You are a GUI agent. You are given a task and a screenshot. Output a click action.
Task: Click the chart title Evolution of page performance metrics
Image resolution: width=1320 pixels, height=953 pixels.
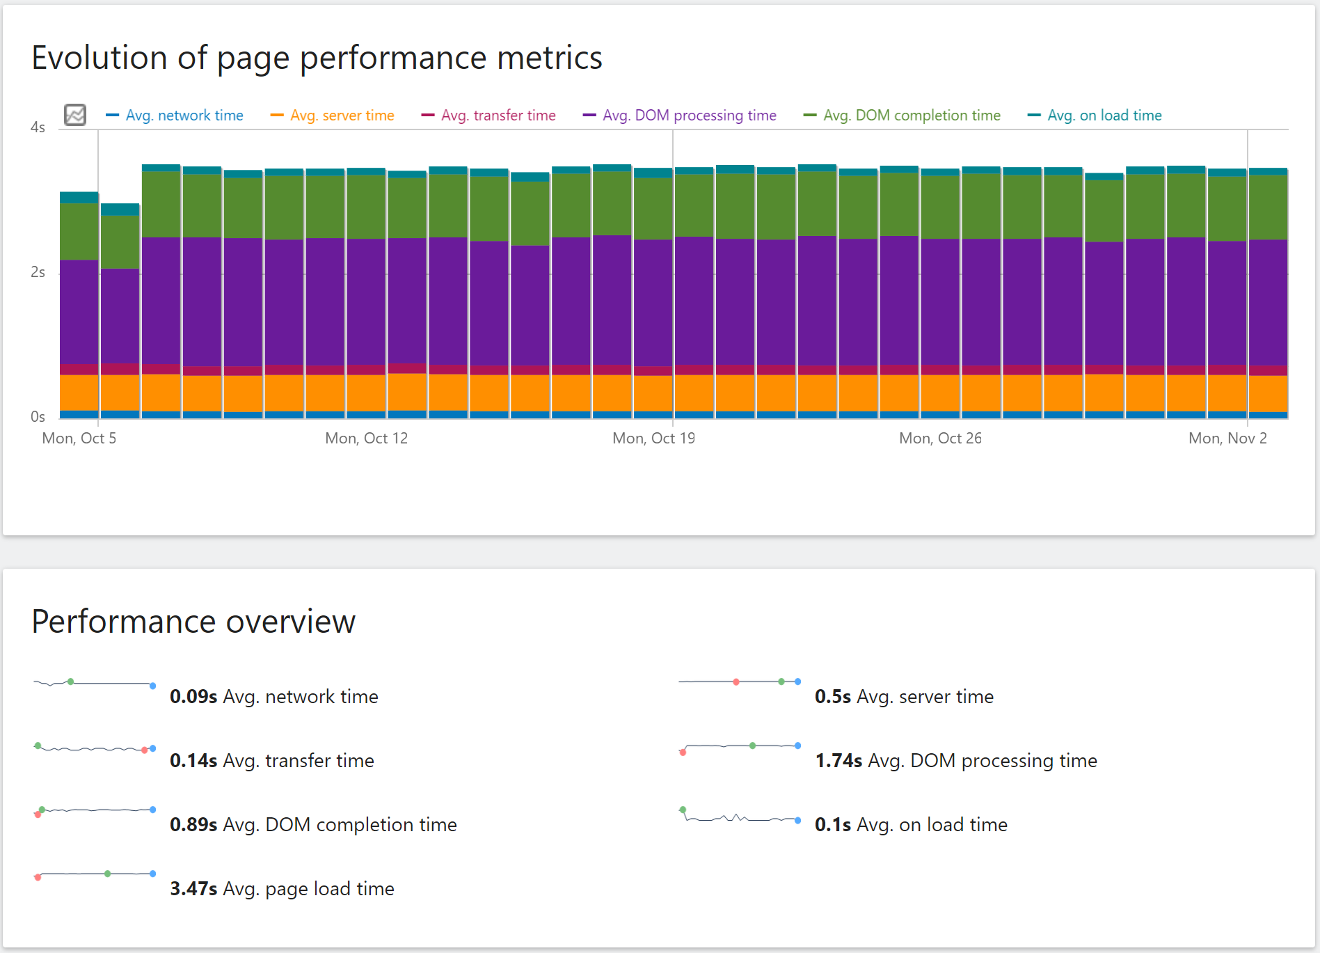[317, 58]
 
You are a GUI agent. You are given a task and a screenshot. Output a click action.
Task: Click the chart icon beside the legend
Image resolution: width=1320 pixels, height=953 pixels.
[75, 115]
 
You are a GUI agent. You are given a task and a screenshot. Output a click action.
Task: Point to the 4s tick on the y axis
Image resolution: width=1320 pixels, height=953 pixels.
[38, 127]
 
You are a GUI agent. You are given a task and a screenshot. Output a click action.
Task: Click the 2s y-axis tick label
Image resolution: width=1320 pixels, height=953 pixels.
[38, 272]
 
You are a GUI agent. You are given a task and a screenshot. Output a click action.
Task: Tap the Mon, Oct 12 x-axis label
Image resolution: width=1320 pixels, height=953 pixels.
[366, 439]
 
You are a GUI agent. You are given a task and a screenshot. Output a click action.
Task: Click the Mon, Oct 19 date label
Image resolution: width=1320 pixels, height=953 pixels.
[653, 439]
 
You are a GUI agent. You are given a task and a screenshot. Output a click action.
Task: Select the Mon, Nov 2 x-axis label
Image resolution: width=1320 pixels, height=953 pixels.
[1227, 439]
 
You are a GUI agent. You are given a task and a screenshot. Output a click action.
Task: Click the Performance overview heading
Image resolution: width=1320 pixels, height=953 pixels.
[193, 622]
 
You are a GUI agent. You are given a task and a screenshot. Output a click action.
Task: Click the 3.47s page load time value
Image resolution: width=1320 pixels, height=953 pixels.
[193, 889]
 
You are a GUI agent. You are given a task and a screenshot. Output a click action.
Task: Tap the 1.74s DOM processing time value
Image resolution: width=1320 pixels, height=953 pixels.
[838, 761]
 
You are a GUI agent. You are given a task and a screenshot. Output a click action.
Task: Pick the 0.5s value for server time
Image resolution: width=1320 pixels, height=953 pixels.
[833, 697]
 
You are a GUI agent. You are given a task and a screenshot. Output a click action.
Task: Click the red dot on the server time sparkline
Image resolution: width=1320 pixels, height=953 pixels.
[736, 682]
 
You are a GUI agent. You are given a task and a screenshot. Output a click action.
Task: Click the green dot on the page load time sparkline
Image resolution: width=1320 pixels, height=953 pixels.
[108, 874]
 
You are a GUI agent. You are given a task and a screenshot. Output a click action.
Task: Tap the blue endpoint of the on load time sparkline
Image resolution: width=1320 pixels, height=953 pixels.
[797, 821]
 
